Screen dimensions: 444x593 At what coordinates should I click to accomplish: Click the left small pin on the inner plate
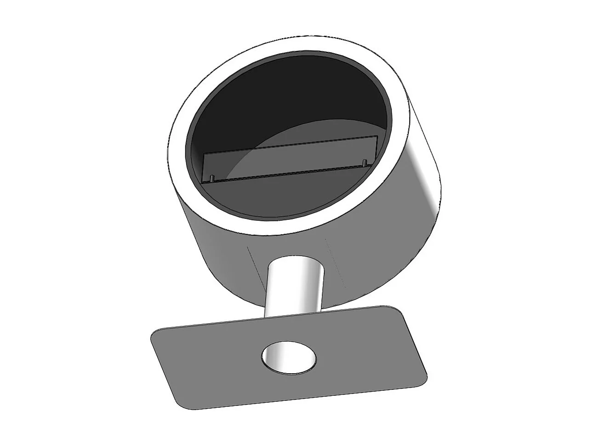(211, 178)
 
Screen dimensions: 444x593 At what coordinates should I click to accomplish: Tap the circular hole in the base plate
(289, 357)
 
